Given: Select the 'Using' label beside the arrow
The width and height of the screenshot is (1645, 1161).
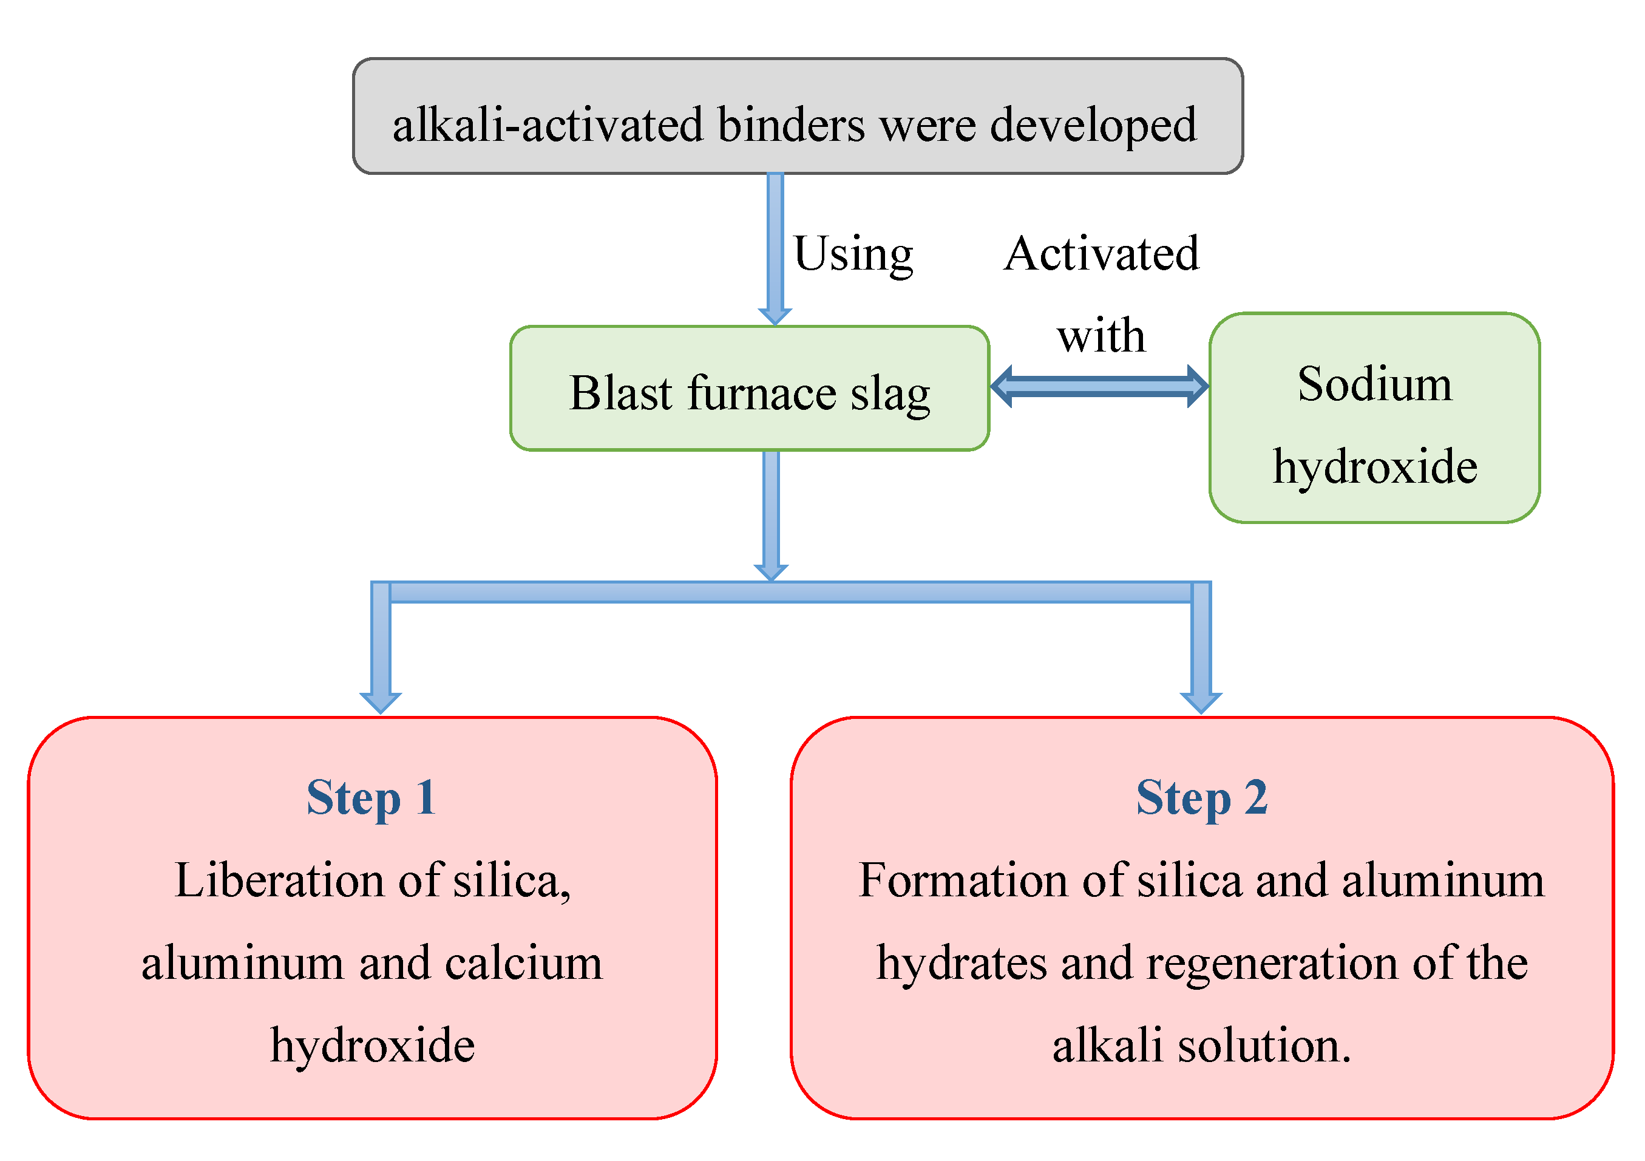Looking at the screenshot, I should pyautogui.click(x=853, y=254).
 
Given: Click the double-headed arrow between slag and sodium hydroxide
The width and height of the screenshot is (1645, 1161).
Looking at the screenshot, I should pyautogui.click(x=1099, y=386).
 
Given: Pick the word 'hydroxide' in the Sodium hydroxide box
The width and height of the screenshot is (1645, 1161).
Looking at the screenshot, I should pyautogui.click(x=1374, y=466).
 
